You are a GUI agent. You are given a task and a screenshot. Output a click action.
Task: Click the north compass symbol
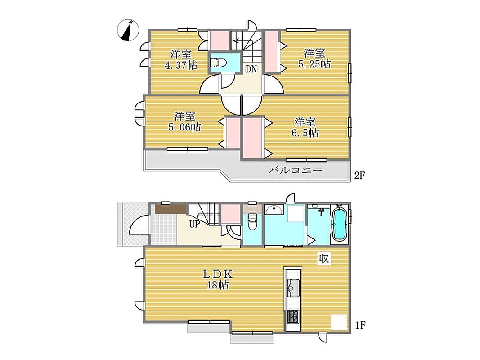[128, 30]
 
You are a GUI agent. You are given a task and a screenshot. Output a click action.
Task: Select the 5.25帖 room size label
[314, 64]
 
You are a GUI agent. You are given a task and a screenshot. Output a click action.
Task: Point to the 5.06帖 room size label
[184, 127]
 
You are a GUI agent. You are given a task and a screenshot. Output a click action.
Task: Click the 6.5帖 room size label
[305, 133]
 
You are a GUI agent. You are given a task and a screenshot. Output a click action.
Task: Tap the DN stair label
[251, 69]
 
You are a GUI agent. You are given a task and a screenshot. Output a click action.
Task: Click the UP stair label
[195, 225]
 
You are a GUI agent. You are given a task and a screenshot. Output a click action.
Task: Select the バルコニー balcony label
[296, 170]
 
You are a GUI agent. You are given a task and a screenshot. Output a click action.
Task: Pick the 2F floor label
[360, 175]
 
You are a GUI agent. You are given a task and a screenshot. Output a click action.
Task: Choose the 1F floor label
[360, 325]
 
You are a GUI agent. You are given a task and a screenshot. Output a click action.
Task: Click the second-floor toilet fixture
[219, 63]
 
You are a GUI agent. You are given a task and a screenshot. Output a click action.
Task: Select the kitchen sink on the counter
[293, 288]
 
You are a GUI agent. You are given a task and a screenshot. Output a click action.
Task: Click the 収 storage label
[324, 259]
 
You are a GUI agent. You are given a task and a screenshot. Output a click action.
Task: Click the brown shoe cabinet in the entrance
[171, 209]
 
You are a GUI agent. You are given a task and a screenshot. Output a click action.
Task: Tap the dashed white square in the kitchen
[339, 322]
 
